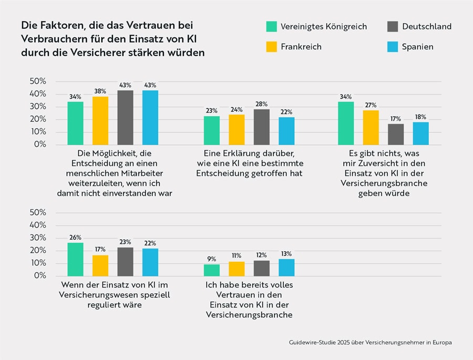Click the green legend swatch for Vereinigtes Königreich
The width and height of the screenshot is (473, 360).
(x=271, y=26)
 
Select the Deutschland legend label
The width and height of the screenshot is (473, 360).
(x=427, y=26)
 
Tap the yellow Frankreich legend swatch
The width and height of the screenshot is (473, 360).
(x=271, y=47)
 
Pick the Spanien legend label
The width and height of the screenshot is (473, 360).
(x=418, y=47)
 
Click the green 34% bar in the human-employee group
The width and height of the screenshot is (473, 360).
(x=75, y=123)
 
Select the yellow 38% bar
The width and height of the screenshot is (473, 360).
(x=100, y=120)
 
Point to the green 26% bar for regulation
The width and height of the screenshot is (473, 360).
(x=75, y=259)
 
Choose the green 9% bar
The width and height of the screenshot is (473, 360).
(x=211, y=270)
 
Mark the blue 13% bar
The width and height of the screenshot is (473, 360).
(x=286, y=268)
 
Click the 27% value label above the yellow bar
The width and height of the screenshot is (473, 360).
(x=371, y=105)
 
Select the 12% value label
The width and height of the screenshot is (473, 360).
(x=261, y=255)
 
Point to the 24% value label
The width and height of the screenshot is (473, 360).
(x=236, y=109)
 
